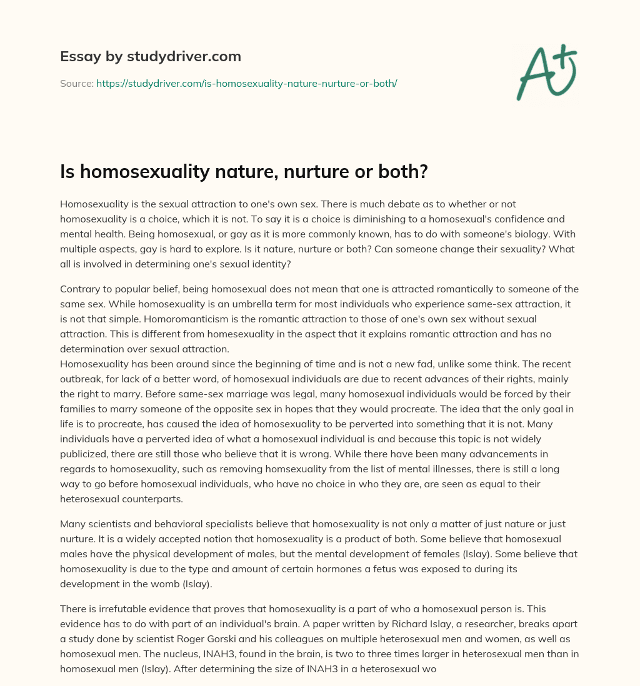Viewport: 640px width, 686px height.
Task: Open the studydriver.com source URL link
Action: click(246, 83)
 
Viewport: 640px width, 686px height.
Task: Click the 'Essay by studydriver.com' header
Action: click(150, 57)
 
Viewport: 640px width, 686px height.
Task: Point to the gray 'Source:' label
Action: click(76, 83)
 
